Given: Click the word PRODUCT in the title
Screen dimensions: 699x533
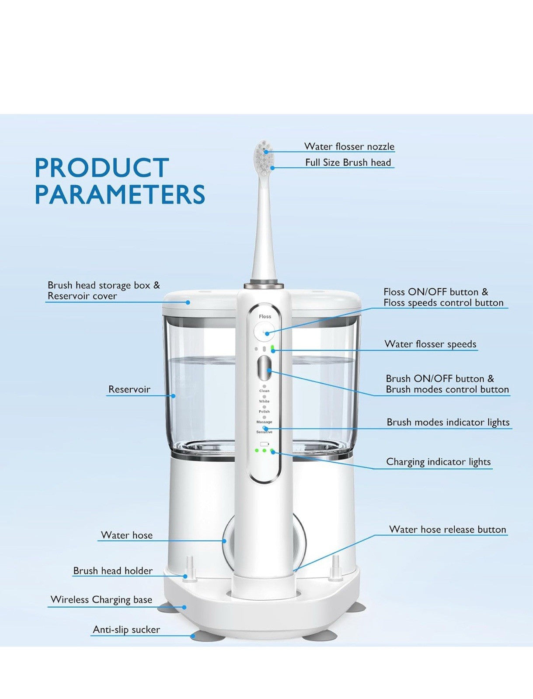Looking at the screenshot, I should (x=101, y=168).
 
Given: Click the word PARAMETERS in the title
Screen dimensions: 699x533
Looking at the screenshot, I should (x=120, y=195).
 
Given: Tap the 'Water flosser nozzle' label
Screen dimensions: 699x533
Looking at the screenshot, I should (x=349, y=146).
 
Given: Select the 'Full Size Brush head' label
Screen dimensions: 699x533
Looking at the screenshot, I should (x=348, y=163).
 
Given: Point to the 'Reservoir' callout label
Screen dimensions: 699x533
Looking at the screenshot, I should (x=129, y=389).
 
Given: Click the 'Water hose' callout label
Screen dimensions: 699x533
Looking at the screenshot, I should (x=127, y=535).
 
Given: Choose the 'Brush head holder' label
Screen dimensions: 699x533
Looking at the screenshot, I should (x=113, y=571).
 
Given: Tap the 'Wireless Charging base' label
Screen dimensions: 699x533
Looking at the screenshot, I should (x=101, y=599).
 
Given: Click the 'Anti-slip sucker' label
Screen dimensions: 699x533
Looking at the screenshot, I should (x=126, y=630).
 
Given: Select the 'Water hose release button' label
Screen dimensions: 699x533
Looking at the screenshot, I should (x=448, y=529).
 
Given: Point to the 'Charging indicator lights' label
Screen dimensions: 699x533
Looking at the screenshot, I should (x=438, y=462).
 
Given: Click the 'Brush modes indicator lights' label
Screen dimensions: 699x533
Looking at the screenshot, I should (x=448, y=422).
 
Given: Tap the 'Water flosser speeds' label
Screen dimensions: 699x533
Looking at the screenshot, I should (x=430, y=344).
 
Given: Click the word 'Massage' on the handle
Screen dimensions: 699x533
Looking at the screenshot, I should (x=264, y=422).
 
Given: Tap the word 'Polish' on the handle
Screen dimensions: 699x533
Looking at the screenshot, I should (x=264, y=412).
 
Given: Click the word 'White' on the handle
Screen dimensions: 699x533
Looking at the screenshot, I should (x=264, y=401).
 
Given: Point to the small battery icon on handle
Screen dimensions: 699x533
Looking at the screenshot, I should (x=264, y=444).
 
